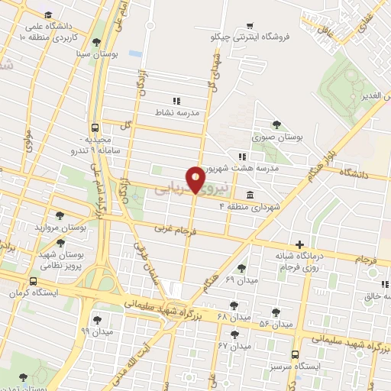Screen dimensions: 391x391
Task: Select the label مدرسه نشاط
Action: click(x=176, y=112)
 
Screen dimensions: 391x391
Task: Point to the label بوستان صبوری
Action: click(x=278, y=138)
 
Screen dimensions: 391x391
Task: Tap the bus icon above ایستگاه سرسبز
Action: click(x=296, y=354)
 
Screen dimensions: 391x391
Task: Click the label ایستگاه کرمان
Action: click(x=32, y=293)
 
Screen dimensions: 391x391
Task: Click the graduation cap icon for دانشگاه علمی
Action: click(x=48, y=15)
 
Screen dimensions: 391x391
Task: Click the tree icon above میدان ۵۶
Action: click(x=276, y=313)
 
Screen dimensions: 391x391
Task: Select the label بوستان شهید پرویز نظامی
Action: click(x=61, y=260)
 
